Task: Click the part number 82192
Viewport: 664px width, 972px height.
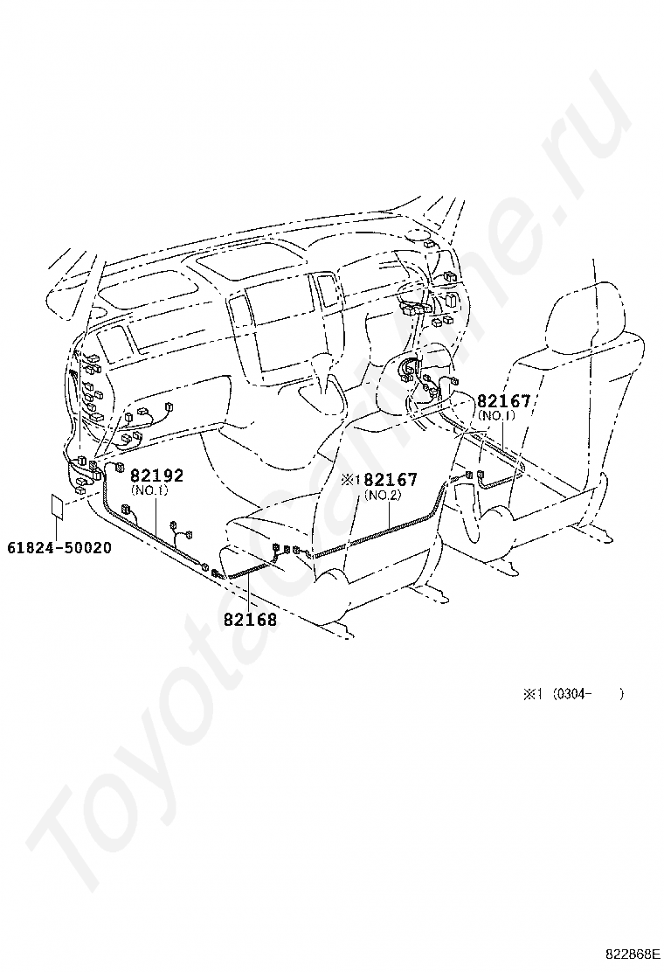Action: (x=157, y=476)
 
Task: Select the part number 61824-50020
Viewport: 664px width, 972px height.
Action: (x=59, y=547)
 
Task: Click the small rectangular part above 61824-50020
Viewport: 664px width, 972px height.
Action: (x=55, y=508)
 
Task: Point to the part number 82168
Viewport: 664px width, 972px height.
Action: (x=250, y=619)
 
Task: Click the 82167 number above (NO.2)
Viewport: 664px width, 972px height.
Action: (x=391, y=480)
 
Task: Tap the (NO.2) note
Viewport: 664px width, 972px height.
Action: (x=382, y=496)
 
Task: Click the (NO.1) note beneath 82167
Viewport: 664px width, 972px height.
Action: (x=495, y=416)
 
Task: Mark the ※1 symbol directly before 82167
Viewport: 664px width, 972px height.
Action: (x=351, y=480)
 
